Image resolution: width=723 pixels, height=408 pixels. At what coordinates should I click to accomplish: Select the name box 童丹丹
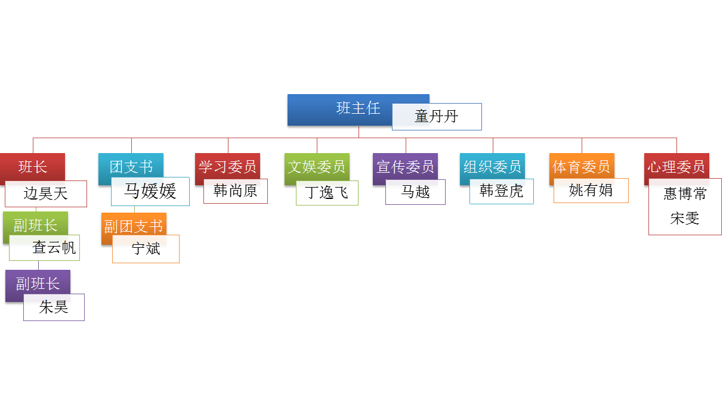[x=437, y=117]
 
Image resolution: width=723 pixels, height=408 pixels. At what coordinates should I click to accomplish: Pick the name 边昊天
[x=46, y=194]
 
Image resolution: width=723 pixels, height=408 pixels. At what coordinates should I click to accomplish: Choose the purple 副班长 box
[x=38, y=284]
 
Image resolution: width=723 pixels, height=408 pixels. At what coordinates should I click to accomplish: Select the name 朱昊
[x=54, y=307]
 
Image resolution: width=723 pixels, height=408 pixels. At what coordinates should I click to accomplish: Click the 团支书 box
[x=131, y=166]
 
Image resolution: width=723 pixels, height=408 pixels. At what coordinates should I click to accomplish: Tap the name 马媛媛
[x=150, y=191]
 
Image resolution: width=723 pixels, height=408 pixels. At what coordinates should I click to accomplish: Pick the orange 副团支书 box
[x=133, y=226]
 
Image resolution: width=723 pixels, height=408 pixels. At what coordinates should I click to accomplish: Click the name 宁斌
[x=146, y=249]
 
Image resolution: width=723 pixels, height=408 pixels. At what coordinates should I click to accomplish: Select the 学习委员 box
[x=227, y=166]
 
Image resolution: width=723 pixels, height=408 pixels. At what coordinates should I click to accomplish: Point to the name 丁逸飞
[x=327, y=193]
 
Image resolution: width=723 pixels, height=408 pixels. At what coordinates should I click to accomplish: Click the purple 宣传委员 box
[x=405, y=166]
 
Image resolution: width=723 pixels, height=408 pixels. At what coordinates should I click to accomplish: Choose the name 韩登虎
[x=501, y=191]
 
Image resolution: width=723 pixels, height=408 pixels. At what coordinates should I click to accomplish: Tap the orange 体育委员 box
[x=581, y=166]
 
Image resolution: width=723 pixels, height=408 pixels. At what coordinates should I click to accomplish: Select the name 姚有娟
[x=591, y=191]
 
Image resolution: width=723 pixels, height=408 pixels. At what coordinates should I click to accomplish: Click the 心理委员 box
[x=676, y=166]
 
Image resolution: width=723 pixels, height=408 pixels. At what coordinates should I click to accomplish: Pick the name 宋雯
[x=684, y=219]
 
